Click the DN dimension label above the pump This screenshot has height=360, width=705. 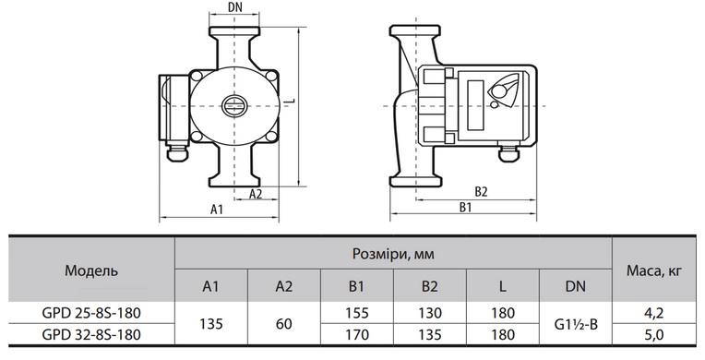point(234,7)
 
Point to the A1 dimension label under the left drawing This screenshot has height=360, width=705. point(217,210)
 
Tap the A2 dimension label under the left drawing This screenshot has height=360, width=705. point(256,194)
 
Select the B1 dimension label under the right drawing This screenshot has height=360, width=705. point(465,208)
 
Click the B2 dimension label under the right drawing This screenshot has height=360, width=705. point(481,192)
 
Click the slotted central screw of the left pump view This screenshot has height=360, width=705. point(233,106)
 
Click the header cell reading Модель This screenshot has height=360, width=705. point(91,270)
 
